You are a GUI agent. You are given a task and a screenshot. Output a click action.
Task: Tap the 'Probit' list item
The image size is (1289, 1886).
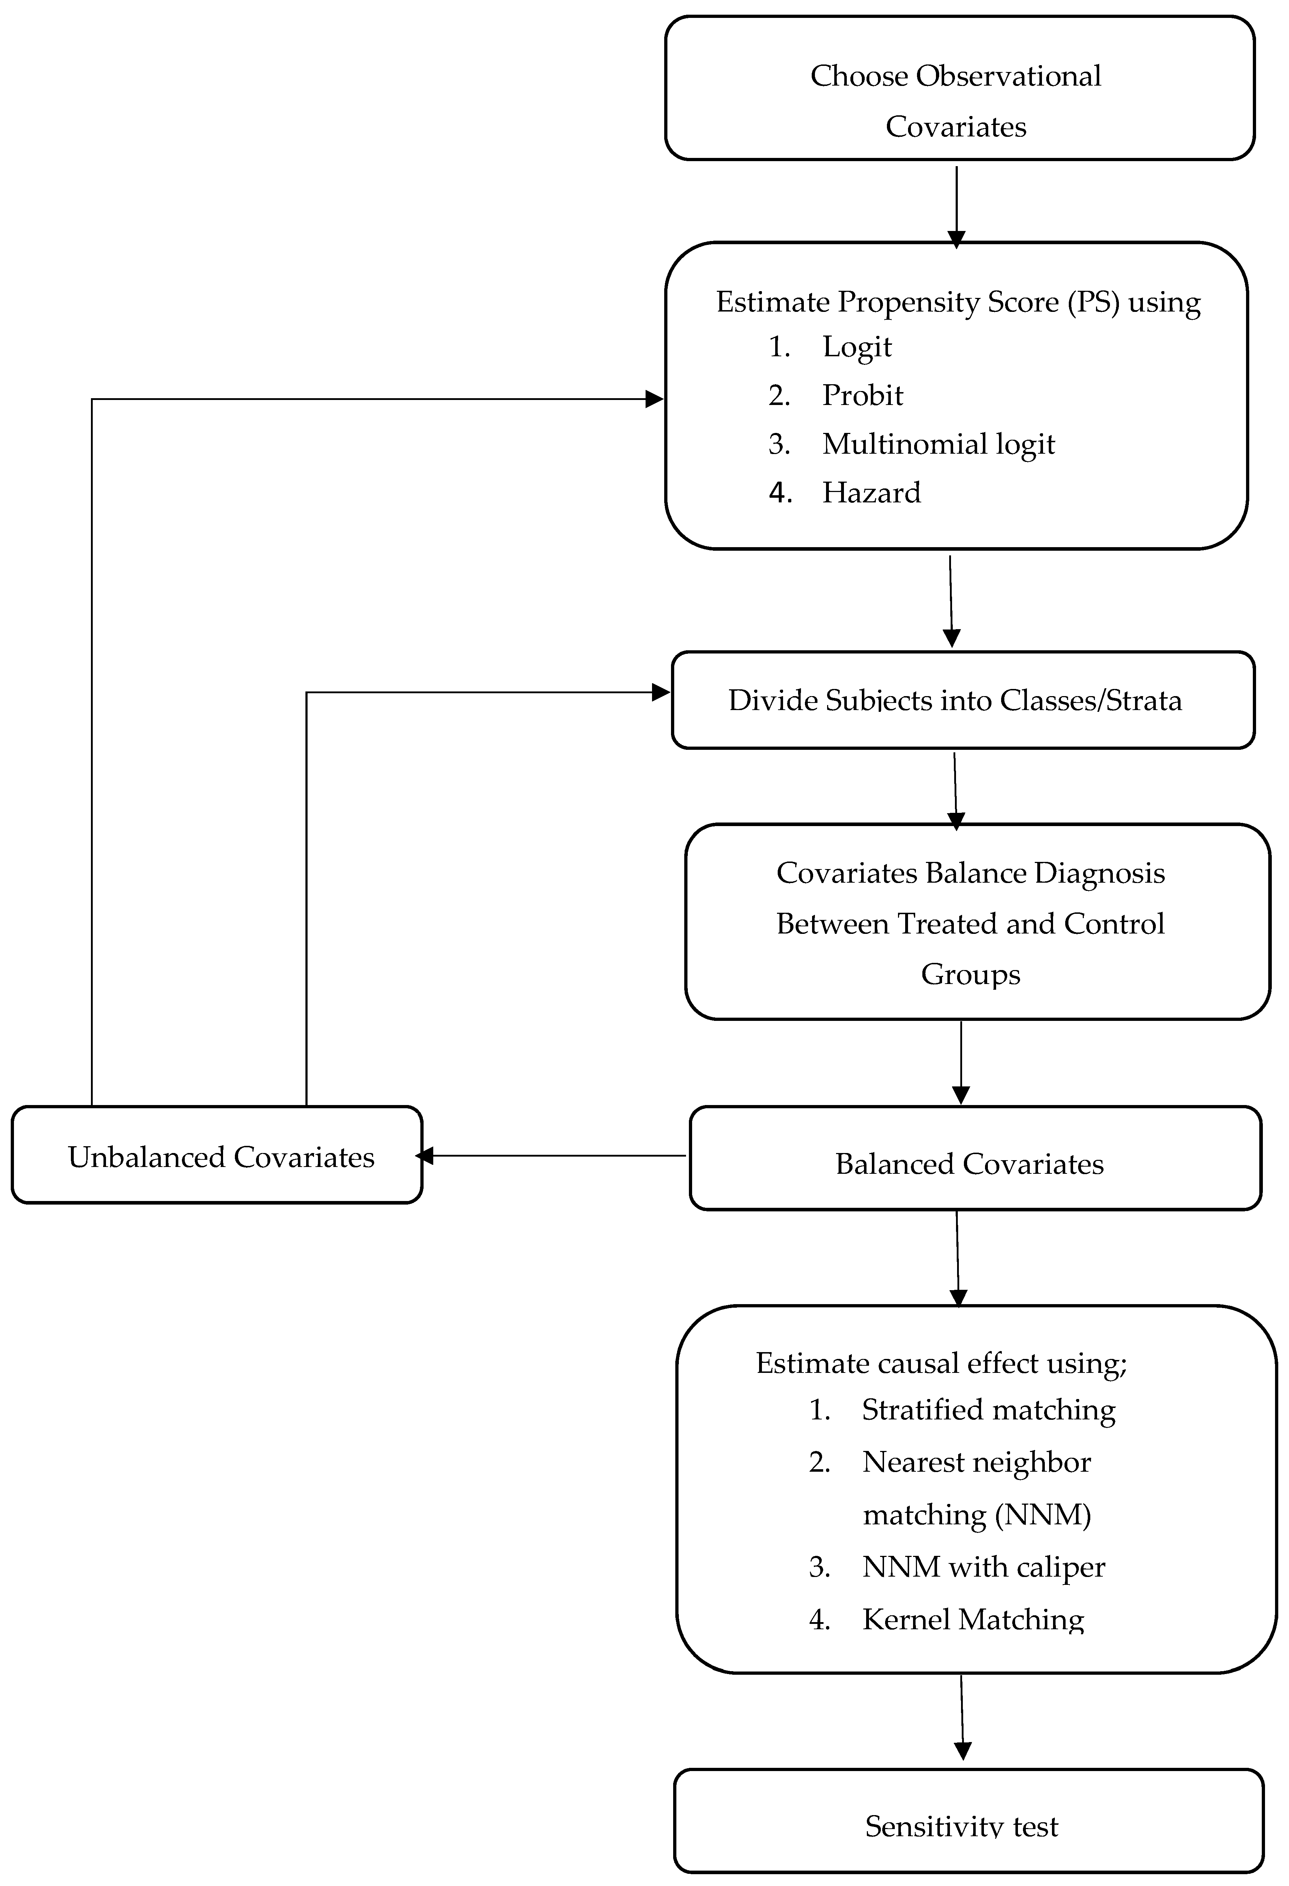coord(862,395)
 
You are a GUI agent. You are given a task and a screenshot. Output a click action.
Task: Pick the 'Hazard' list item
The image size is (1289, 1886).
coord(871,493)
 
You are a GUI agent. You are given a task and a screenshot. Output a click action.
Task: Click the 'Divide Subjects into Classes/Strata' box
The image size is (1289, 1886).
coord(963,700)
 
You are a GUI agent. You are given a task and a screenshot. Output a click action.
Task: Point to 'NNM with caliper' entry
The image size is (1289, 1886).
coord(983,1567)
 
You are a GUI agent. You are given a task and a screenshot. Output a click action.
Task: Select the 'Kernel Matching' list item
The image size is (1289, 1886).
coord(972,1620)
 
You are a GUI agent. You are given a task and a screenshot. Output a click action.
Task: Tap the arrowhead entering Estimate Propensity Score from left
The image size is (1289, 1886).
coord(654,399)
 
